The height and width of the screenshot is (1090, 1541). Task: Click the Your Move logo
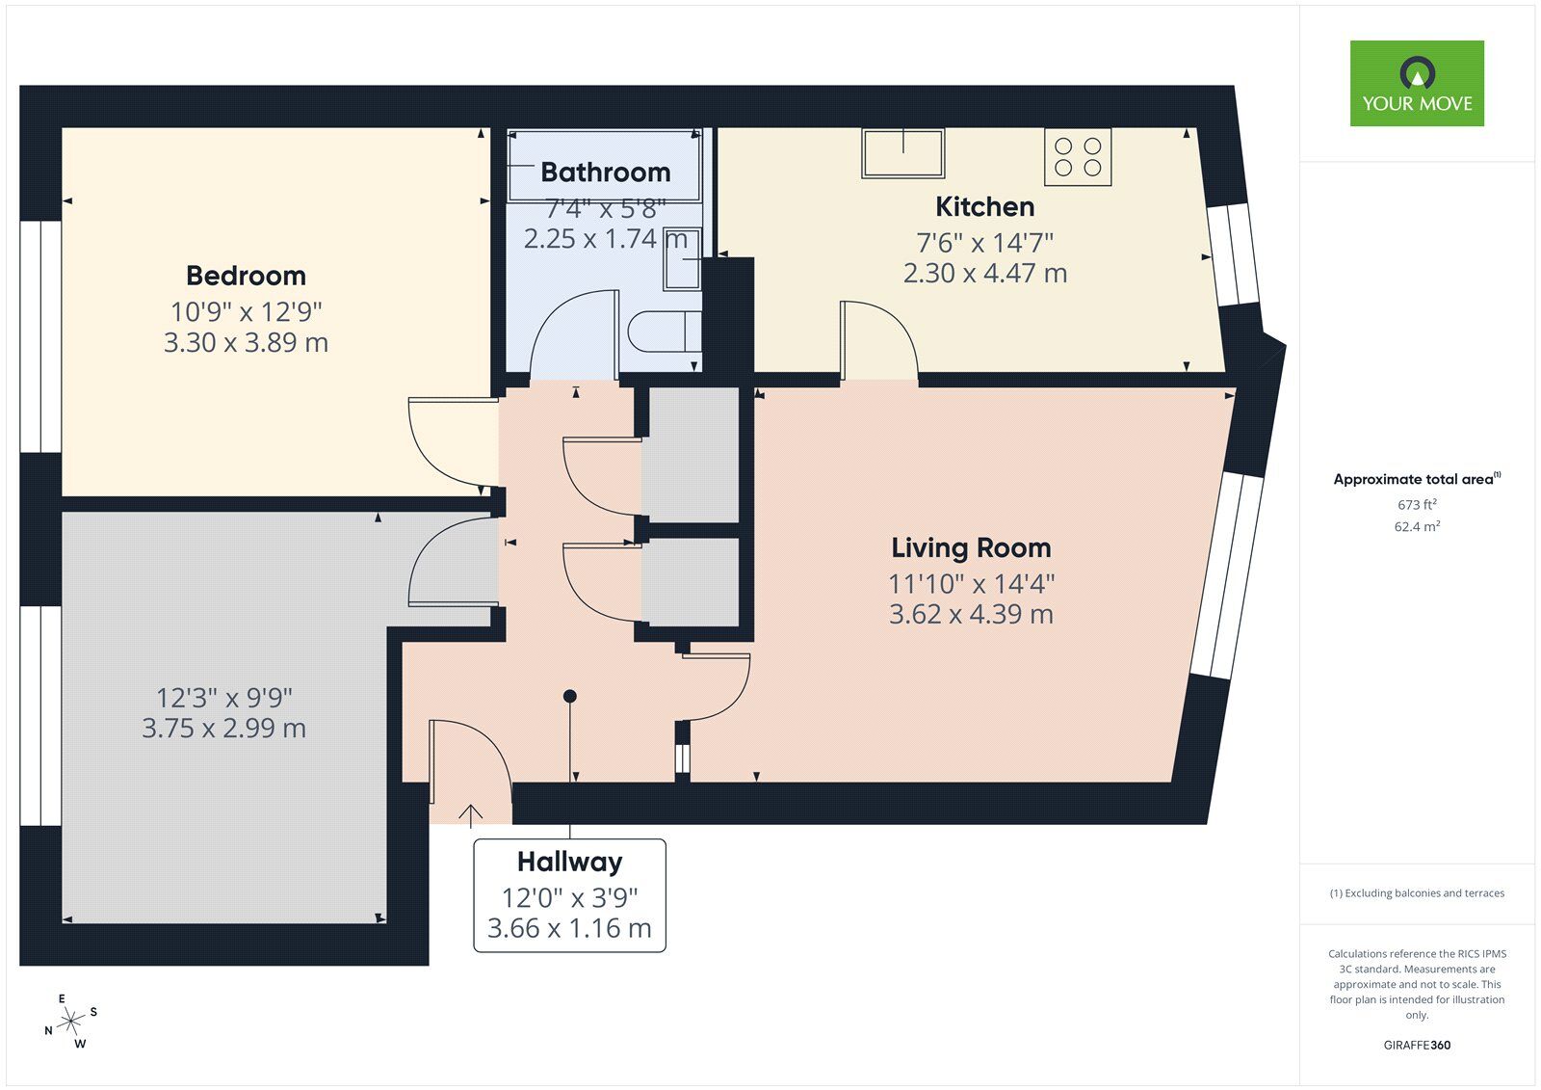coord(1416,83)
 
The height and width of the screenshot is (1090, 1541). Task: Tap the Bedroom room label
coord(246,276)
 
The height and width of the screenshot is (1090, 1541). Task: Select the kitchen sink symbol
coord(902,153)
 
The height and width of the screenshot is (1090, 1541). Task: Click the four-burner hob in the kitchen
coord(1078,157)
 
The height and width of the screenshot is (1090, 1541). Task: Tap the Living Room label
coord(970,547)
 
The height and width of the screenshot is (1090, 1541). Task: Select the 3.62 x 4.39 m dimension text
coord(970,614)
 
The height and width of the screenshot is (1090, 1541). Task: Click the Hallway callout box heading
coord(569,862)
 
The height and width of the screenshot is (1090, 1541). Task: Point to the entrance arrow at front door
coord(470,815)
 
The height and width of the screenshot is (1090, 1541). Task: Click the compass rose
coord(71,1022)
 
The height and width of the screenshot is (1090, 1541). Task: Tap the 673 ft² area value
coord(1417,504)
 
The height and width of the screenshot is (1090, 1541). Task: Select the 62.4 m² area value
coord(1417,526)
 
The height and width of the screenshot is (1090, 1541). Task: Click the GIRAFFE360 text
coord(1417,1045)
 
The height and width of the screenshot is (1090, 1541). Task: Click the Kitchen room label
coord(984,206)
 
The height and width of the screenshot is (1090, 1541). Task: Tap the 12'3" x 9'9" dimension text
coord(223,697)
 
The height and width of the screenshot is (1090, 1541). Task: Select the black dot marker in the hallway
coord(570,696)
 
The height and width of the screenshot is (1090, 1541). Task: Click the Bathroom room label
coord(605,172)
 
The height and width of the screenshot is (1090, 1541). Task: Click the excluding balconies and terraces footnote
coord(1417,893)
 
